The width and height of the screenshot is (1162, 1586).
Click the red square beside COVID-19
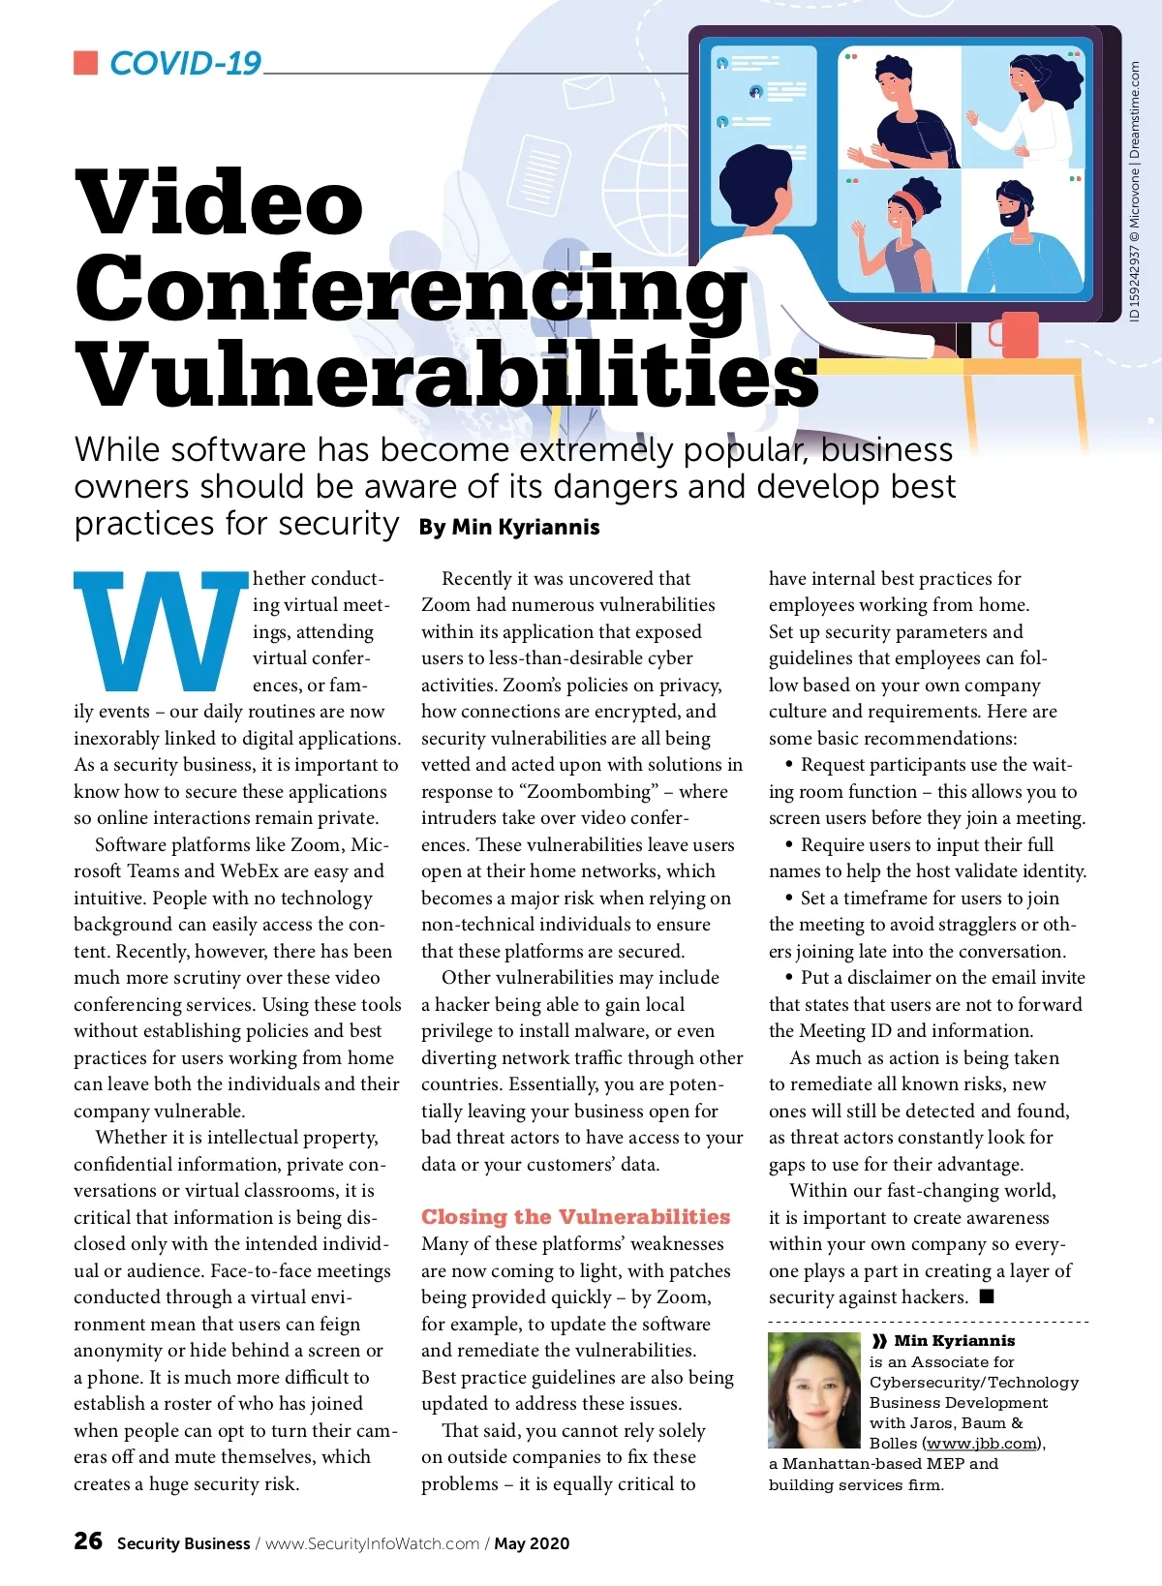(86, 63)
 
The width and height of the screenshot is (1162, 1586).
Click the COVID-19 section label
(185, 64)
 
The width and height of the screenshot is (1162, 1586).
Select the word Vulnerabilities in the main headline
(446, 375)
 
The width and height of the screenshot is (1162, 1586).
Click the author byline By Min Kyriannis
(509, 527)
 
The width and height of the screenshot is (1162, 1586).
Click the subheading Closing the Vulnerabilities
(575, 1217)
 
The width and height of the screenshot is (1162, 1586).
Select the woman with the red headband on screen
(901, 232)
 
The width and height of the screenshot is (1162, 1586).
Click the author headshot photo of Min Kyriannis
(814, 1389)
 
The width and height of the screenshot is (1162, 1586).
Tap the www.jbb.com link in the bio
(982, 1443)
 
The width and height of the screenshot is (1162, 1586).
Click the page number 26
(88, 1540)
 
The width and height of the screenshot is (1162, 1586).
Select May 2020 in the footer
(532, 1543)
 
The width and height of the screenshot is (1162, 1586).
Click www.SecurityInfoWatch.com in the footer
(373, 1543)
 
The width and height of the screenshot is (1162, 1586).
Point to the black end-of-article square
(987, 1296)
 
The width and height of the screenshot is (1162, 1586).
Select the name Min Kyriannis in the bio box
(954, 1340)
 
